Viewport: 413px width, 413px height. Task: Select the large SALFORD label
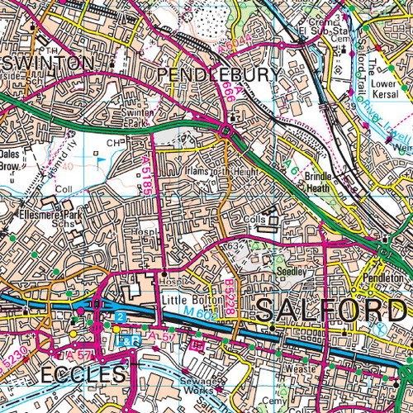[x=330, y=311]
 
